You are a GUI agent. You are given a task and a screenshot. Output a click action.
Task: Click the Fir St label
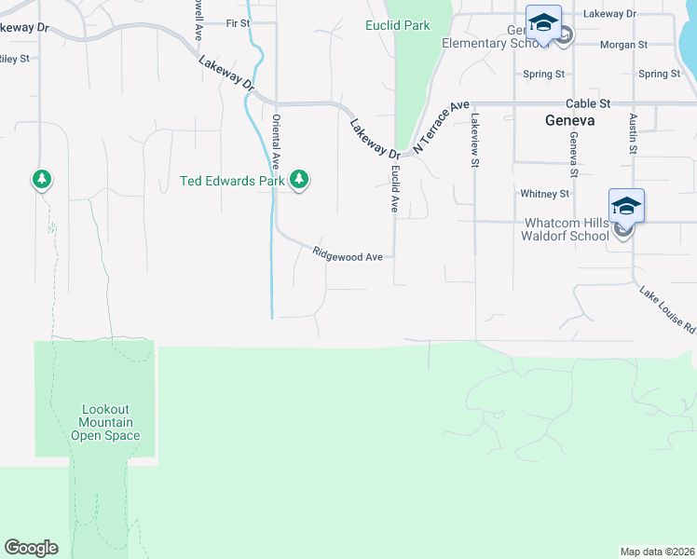239,22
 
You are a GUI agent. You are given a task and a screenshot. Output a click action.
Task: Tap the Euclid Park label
398,25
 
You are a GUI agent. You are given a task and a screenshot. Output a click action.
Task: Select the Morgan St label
624,45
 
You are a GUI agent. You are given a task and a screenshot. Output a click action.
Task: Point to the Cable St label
588,102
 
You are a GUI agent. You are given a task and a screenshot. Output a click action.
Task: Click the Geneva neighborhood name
569,121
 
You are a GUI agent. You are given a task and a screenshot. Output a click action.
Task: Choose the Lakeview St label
474,141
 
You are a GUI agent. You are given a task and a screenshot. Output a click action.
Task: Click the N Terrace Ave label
439,128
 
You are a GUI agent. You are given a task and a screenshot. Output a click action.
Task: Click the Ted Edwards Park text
231,181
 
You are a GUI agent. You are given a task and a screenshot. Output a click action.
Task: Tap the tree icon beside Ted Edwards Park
298,179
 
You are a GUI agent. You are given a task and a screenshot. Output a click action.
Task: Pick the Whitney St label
545,194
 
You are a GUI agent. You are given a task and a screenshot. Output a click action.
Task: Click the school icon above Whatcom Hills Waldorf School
626,206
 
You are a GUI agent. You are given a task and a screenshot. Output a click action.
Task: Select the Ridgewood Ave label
348,255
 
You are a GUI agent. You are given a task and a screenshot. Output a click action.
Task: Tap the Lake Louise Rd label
668,310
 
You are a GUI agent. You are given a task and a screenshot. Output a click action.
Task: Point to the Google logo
31,548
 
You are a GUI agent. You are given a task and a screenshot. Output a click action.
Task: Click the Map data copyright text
657,551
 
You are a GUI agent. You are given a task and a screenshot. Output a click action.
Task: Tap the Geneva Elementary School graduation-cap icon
543,23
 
